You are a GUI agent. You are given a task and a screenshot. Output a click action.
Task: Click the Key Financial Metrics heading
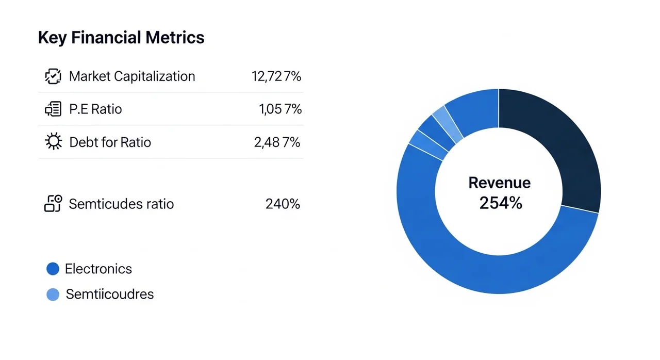[x=121, y=38]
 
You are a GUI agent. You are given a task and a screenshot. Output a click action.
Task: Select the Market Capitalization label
[x=132, y=76]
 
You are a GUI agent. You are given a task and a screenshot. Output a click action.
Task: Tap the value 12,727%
[x=276, y=76]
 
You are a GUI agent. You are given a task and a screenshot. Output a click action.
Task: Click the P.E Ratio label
[x=95, y=109]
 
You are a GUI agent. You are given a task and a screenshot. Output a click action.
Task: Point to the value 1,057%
[x=280, y=109]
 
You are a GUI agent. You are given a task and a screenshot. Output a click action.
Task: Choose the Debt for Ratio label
[x=110, y=142]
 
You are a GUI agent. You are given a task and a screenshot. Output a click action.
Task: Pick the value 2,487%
[x=277, y=142]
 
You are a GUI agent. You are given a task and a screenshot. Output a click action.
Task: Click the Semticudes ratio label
[x=121, y=204]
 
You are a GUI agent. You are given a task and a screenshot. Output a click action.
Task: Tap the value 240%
[x=283, y=204]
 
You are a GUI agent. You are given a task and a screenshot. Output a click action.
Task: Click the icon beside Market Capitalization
[x=53, y=76]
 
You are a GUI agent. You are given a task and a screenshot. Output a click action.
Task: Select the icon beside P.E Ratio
[x=53, y=109]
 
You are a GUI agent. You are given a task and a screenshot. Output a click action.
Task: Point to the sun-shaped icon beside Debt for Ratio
[x=53, y=142]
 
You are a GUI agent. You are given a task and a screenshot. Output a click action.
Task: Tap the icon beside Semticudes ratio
[x=53, y=203]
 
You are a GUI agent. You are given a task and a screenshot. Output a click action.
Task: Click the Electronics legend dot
[x=53, y=269]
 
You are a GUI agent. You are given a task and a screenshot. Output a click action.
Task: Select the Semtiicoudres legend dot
[x=53, y=294]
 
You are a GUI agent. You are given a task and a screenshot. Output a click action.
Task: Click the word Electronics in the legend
[x=98, y=269]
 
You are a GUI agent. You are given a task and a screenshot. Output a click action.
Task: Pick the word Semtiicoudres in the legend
[x=110, y=294]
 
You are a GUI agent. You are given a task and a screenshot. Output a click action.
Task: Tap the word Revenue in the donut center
[x=499, y=183]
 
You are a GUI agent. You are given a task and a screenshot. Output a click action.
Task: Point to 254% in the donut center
[x=500, y=203]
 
